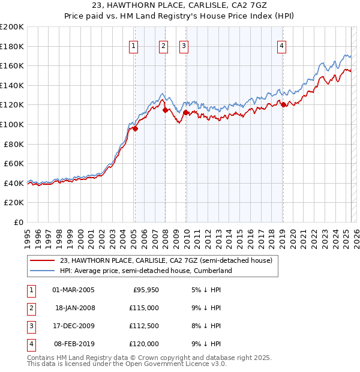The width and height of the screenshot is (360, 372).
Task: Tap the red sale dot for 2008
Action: click(165, 110)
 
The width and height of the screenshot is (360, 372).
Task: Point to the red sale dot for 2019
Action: click(283, 105)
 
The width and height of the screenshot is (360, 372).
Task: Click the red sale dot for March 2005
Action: click(135, 128)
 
